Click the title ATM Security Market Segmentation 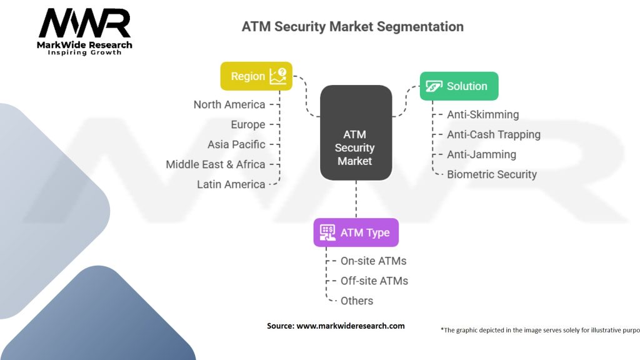[x=352, y=27]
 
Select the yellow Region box [x=256, y=76]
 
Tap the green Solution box [x=459, y=86]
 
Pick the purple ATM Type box [x=356, y=232]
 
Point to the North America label [x=229, y=104]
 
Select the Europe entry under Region [x=247, y=124]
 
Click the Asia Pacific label [x=236, y=144]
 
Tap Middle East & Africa [x=216, y=164]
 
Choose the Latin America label [x=231, y=184]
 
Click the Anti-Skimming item [x=482, y=114]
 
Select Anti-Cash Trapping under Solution [x=493, y=134]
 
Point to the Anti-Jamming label [x=481, y=154]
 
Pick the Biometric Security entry [x=491, y=174]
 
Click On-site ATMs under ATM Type [x=373, y=261]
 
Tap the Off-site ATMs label [x=374, y=281]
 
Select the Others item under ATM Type [x=356, y=301]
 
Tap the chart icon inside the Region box [x=277, y=76]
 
